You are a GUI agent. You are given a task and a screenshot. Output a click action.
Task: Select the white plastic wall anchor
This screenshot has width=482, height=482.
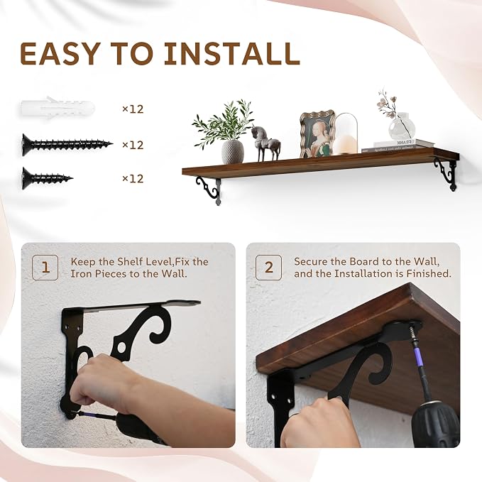click(57, 108)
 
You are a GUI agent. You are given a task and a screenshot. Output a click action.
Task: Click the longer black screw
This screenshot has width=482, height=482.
click(67, 145)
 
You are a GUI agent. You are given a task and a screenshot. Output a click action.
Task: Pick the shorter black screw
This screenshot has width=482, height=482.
click(48, 178)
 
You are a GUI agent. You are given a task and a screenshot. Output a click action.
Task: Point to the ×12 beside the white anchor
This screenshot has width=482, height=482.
click(133, 109)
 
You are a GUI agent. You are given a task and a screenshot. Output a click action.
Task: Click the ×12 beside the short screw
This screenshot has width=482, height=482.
click(133, 179)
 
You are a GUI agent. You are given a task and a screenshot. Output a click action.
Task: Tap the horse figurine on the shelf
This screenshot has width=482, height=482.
click(265, 143)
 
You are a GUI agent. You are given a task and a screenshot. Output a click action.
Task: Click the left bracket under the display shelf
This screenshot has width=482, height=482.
click(209, 190)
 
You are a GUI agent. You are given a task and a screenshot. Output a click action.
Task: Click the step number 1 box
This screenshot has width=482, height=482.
click(45, 268)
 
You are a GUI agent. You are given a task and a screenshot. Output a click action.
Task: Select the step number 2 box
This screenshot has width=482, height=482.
click(268, 268)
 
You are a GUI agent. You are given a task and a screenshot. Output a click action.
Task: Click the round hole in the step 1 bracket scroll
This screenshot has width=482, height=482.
click(121, 349)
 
